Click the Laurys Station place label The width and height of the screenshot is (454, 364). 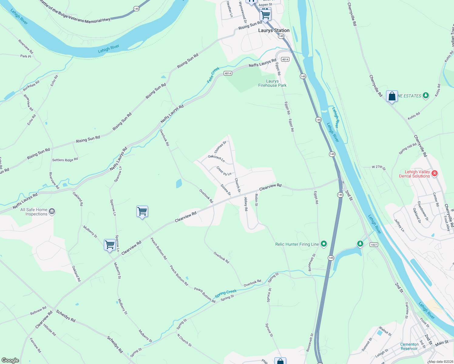pos(274,30)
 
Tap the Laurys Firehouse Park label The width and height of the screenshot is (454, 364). pos(272,83)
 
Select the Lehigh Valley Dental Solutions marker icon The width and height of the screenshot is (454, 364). pos(434,174)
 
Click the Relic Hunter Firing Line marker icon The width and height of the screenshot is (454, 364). pos(324,244)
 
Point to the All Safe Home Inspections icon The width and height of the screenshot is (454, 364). pos(52,211)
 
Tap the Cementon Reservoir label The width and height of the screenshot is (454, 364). pos(409,346)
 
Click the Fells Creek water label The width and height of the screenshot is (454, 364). pos(213,75)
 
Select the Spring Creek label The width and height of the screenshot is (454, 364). pos(225,293)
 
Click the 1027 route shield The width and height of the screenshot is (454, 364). pos(374,245)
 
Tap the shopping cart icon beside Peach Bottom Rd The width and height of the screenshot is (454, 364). pos(142,211)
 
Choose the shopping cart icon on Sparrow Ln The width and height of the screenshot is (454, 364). pos(110,244)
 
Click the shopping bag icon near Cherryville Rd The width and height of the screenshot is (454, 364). pos(392,96)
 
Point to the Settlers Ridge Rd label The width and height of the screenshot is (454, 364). pos(65,160)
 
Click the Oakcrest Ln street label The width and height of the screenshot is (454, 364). pos(216,158)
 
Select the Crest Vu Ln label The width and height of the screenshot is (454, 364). pos(224,171)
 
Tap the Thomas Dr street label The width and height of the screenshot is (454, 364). pos(220,147)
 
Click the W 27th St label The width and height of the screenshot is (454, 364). pos(379,167)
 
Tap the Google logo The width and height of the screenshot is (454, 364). pos(10,360)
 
